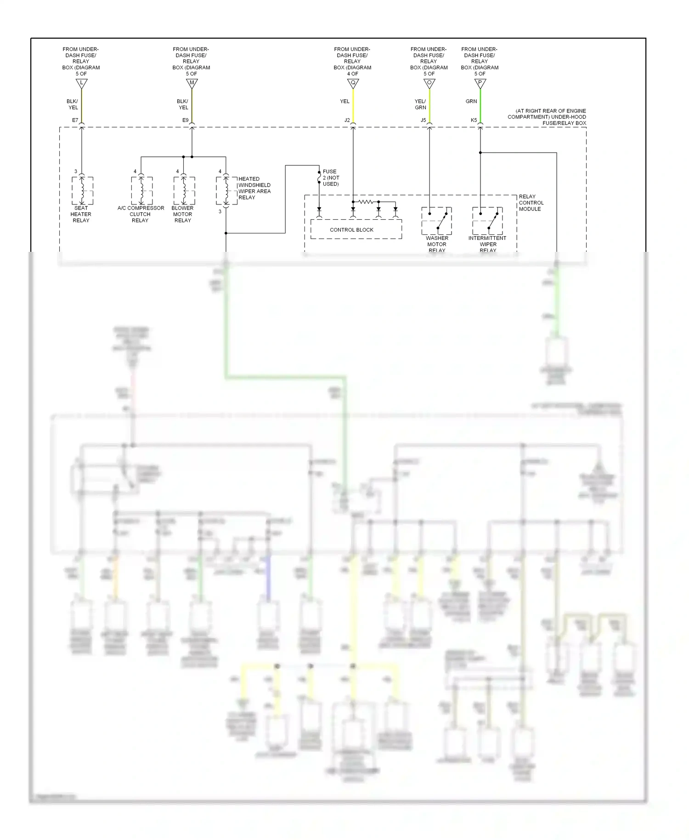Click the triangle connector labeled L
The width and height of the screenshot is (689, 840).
pyautogui.click(x=81, y=83)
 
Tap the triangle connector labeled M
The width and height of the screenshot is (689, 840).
pyautogui.click(x=192, y=83)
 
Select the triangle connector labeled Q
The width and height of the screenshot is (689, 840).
pyautogui.click(x=353, y=83)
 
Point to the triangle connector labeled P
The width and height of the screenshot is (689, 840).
pyautogui.click(x=480, y=83)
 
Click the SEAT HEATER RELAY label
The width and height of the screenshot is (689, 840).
pyautogui.click(x=81, y=214)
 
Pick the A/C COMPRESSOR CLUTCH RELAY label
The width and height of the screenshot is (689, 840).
pyautogui.click(x=141, y=214)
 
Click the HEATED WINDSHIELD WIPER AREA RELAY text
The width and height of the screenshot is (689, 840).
pyautogui.click(x=254, y=188)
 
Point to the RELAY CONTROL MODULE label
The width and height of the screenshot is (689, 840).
pyautogui.click(x=531, y=203)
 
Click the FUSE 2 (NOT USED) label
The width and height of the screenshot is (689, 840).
pyautogui.click(x=331, y=178)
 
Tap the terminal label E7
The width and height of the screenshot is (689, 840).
pyautogui.click(x=75, y=120)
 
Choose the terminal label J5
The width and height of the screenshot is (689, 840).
pyautogui.click(x=423, y=120)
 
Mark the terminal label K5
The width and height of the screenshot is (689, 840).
pyautogui.click(x=474, y=120)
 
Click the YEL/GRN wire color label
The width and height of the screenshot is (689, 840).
pyautogui.click(x=420, y=104)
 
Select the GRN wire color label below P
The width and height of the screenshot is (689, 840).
pyautogui.click(x=471, y=101)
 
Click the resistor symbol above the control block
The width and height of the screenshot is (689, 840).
pyautogui.click(x=366, y=202)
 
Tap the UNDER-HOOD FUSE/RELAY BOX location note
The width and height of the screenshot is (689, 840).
pyautogui.click(x=547, y=117)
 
